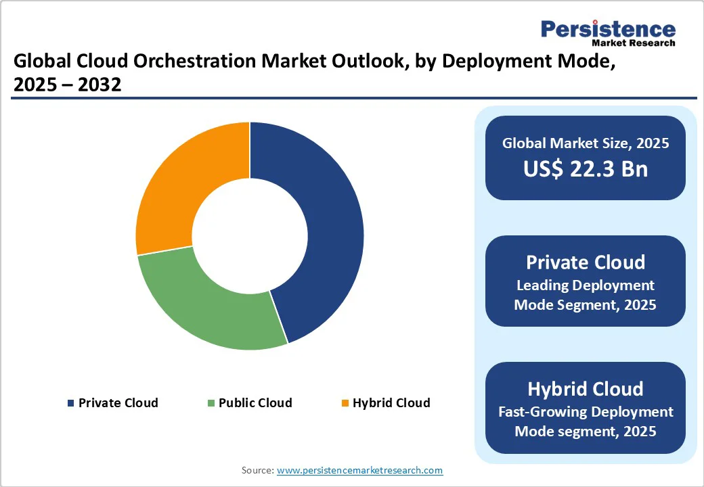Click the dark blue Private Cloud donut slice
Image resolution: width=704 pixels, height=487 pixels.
(x=332, y=230)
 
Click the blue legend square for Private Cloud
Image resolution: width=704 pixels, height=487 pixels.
(x=70, y=403)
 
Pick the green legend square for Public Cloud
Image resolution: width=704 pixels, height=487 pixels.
(x=211, y=403)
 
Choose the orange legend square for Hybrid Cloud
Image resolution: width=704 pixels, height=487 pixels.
(x=345, y=403)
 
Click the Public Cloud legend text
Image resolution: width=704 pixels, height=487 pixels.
(x=255, y=403)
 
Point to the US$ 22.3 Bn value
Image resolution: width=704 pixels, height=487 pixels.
(x=585, y=169)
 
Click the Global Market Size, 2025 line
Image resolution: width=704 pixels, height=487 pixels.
(x=585, y=143)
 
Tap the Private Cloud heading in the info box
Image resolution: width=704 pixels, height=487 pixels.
(x=585, y=262)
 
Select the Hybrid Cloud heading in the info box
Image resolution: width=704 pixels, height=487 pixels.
(x=585, y=389)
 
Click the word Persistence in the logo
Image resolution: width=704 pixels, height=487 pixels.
(x=608, y=29)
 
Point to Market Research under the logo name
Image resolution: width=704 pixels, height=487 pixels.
(x=633, y=43)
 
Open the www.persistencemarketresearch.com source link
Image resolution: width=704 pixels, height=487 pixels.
(x=359, y=470)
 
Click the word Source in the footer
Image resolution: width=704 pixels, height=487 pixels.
(x=257, y=470)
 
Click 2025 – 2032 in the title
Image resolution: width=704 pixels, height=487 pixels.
(x=67, y=85)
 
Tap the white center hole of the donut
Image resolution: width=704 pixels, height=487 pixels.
(x=250, y=236)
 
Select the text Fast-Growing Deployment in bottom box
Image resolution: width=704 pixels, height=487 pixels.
(x=585, y=411)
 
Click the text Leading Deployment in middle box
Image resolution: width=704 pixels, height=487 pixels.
(x=585, y=285)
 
